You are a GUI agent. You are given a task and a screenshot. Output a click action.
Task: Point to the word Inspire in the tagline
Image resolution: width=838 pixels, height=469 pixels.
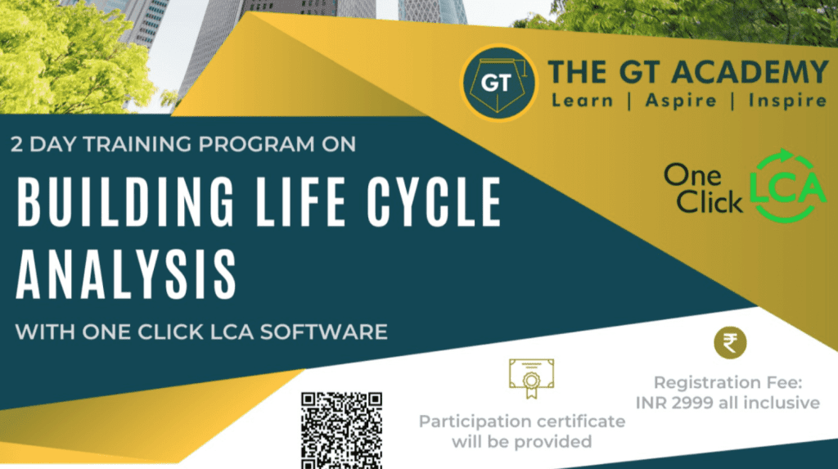(781, 101)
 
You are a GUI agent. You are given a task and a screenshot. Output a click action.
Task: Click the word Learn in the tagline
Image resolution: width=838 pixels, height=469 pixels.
(582, 101)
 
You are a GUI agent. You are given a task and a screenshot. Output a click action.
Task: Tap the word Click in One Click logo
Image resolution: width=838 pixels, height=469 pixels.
(710, 201)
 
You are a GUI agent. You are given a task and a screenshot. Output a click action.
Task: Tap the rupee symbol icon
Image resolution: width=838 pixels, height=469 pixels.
(730, 342)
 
